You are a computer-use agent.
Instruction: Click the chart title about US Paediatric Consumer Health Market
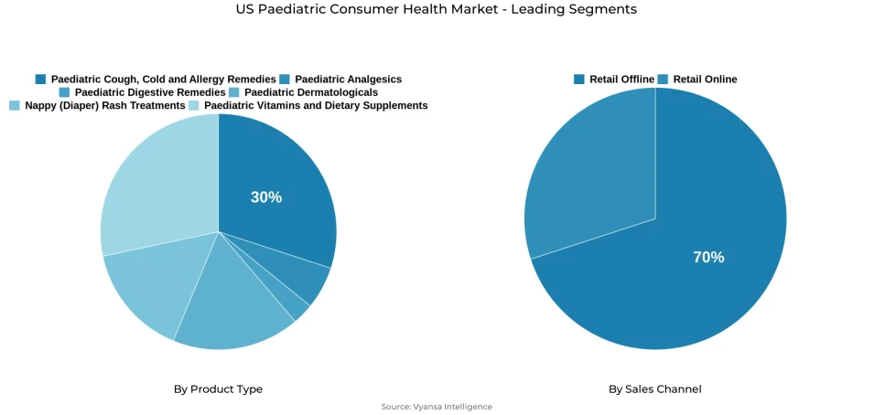coord(436,9)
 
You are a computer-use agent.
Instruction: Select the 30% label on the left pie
coord(266,197)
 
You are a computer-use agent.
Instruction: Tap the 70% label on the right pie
coord(708,258)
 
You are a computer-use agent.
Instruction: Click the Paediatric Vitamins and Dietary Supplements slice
coord(156,183)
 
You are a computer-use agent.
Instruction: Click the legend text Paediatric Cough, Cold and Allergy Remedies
coord(163,80)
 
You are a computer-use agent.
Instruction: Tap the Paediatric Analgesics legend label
coord(348,80)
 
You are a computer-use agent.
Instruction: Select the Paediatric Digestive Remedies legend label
coord(150,92)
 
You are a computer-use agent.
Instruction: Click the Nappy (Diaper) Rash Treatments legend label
coord(104,106)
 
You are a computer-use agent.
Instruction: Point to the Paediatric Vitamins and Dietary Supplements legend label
coord(316,106)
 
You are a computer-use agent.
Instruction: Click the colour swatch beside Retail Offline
coord(579,80)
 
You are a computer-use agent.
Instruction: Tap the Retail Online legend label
coord(705,80)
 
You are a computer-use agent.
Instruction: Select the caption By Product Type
coord(218,389)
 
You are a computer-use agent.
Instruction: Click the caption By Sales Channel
coord(655,389)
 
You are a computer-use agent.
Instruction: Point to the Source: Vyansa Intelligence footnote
coord(437,407)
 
